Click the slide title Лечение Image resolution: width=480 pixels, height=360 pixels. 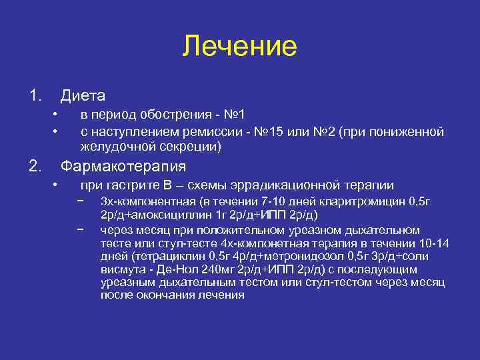(239, 46)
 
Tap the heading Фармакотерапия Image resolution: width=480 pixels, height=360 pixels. (123, 165)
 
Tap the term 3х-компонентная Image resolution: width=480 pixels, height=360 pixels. (146, 201)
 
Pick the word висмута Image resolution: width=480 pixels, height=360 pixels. (121, 269)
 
